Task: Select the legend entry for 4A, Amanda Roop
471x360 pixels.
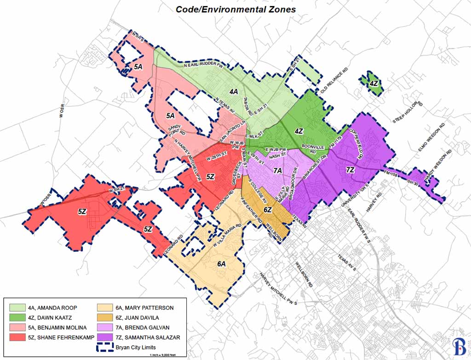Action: click(52, 307)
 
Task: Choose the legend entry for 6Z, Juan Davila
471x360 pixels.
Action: click(138, 317)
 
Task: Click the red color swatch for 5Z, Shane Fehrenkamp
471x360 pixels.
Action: click(17, 337)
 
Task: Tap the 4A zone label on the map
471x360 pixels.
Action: click(233, 91)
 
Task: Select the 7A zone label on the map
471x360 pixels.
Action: click(277, 171)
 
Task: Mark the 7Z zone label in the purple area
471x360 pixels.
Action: click(350, 170)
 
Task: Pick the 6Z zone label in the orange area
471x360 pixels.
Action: click(268, 210)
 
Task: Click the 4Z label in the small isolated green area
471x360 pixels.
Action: click(374, 83)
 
